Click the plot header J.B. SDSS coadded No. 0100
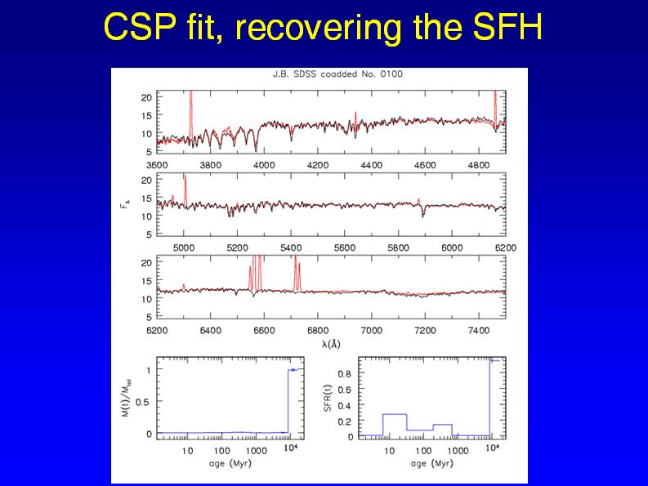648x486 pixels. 337,74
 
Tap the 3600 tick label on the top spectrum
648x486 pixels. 157,164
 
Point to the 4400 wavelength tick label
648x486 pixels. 371,164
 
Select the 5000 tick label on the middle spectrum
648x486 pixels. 184,247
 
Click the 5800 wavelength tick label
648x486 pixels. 398,247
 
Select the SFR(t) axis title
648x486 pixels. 328,398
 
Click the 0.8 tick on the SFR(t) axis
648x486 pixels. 345,373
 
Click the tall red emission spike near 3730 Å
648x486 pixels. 190,106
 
